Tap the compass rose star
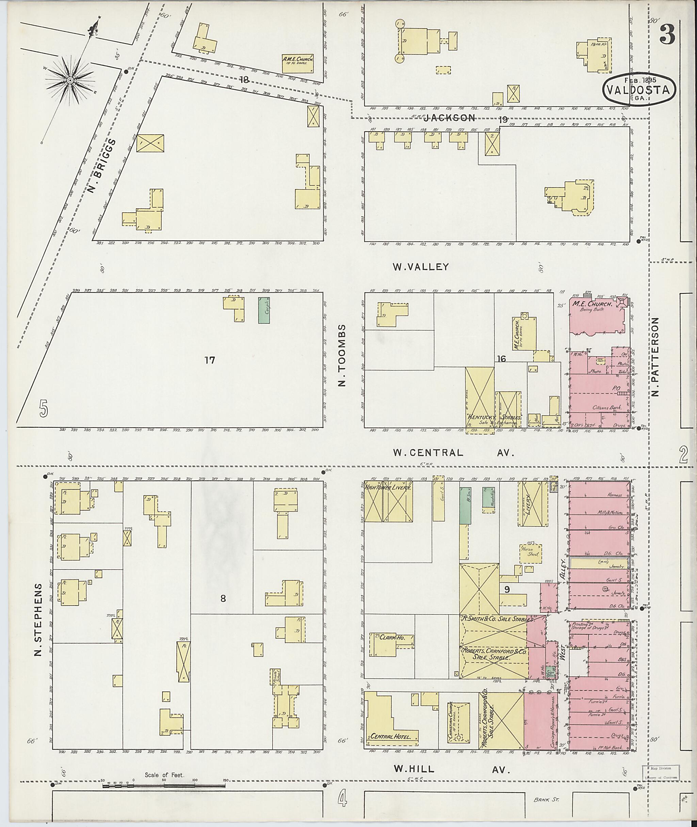69,80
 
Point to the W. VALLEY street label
420,267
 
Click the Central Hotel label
393,736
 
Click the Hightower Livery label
388,488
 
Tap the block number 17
209,360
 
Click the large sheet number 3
667,35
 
